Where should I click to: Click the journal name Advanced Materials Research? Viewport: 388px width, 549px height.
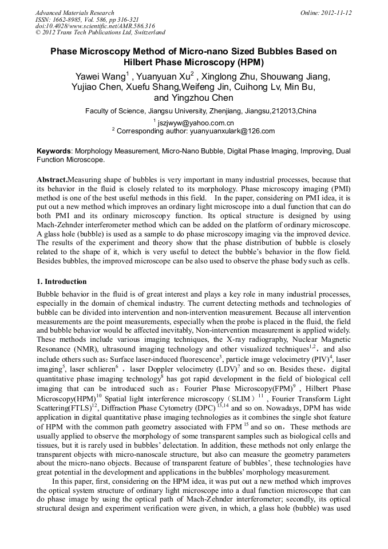click(x=75, y=13)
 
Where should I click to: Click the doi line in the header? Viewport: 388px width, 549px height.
click(x=95, y=26)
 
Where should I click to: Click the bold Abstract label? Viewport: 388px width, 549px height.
click(x=52, y=179)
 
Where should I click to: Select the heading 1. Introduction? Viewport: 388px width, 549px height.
click(x=62, y=282)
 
